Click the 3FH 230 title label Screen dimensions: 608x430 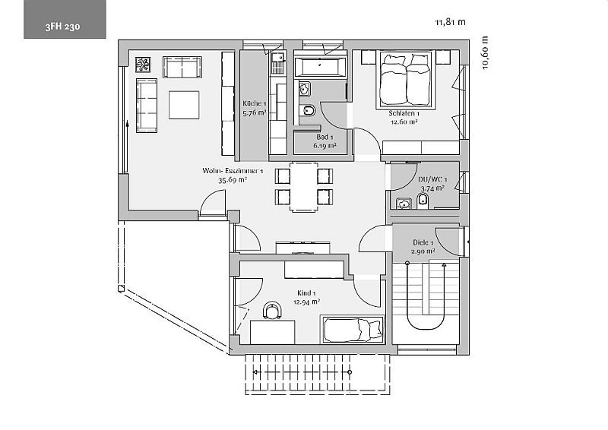pos(62,27)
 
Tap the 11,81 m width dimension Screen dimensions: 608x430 pos(450,22)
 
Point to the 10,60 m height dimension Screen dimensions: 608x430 pos(485,52)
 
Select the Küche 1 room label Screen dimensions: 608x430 pos(255,103)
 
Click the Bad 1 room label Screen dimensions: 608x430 pos(325,137)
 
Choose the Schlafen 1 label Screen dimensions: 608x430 pos(404,114)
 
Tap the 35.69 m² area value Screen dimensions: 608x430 pos(233,180)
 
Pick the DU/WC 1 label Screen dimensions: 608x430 pos(432,179)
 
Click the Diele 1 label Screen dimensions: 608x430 pos(423,242)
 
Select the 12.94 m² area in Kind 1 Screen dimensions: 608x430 pos(307,302)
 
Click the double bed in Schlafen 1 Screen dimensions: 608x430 pos(405,80)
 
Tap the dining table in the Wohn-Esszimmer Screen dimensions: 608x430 pos(303,186)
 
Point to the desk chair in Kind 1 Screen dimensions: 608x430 pos(273,310)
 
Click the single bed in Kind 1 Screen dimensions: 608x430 pos(353,330)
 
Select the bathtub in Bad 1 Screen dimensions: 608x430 pos(320,67)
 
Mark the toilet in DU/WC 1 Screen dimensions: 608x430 pos(423,201)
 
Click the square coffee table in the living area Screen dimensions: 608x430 pos(184,105)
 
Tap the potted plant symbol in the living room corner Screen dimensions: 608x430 pos(143,65)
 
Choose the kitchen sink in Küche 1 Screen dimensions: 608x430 pos(278,58)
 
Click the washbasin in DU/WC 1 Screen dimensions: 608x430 pos(404,204)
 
